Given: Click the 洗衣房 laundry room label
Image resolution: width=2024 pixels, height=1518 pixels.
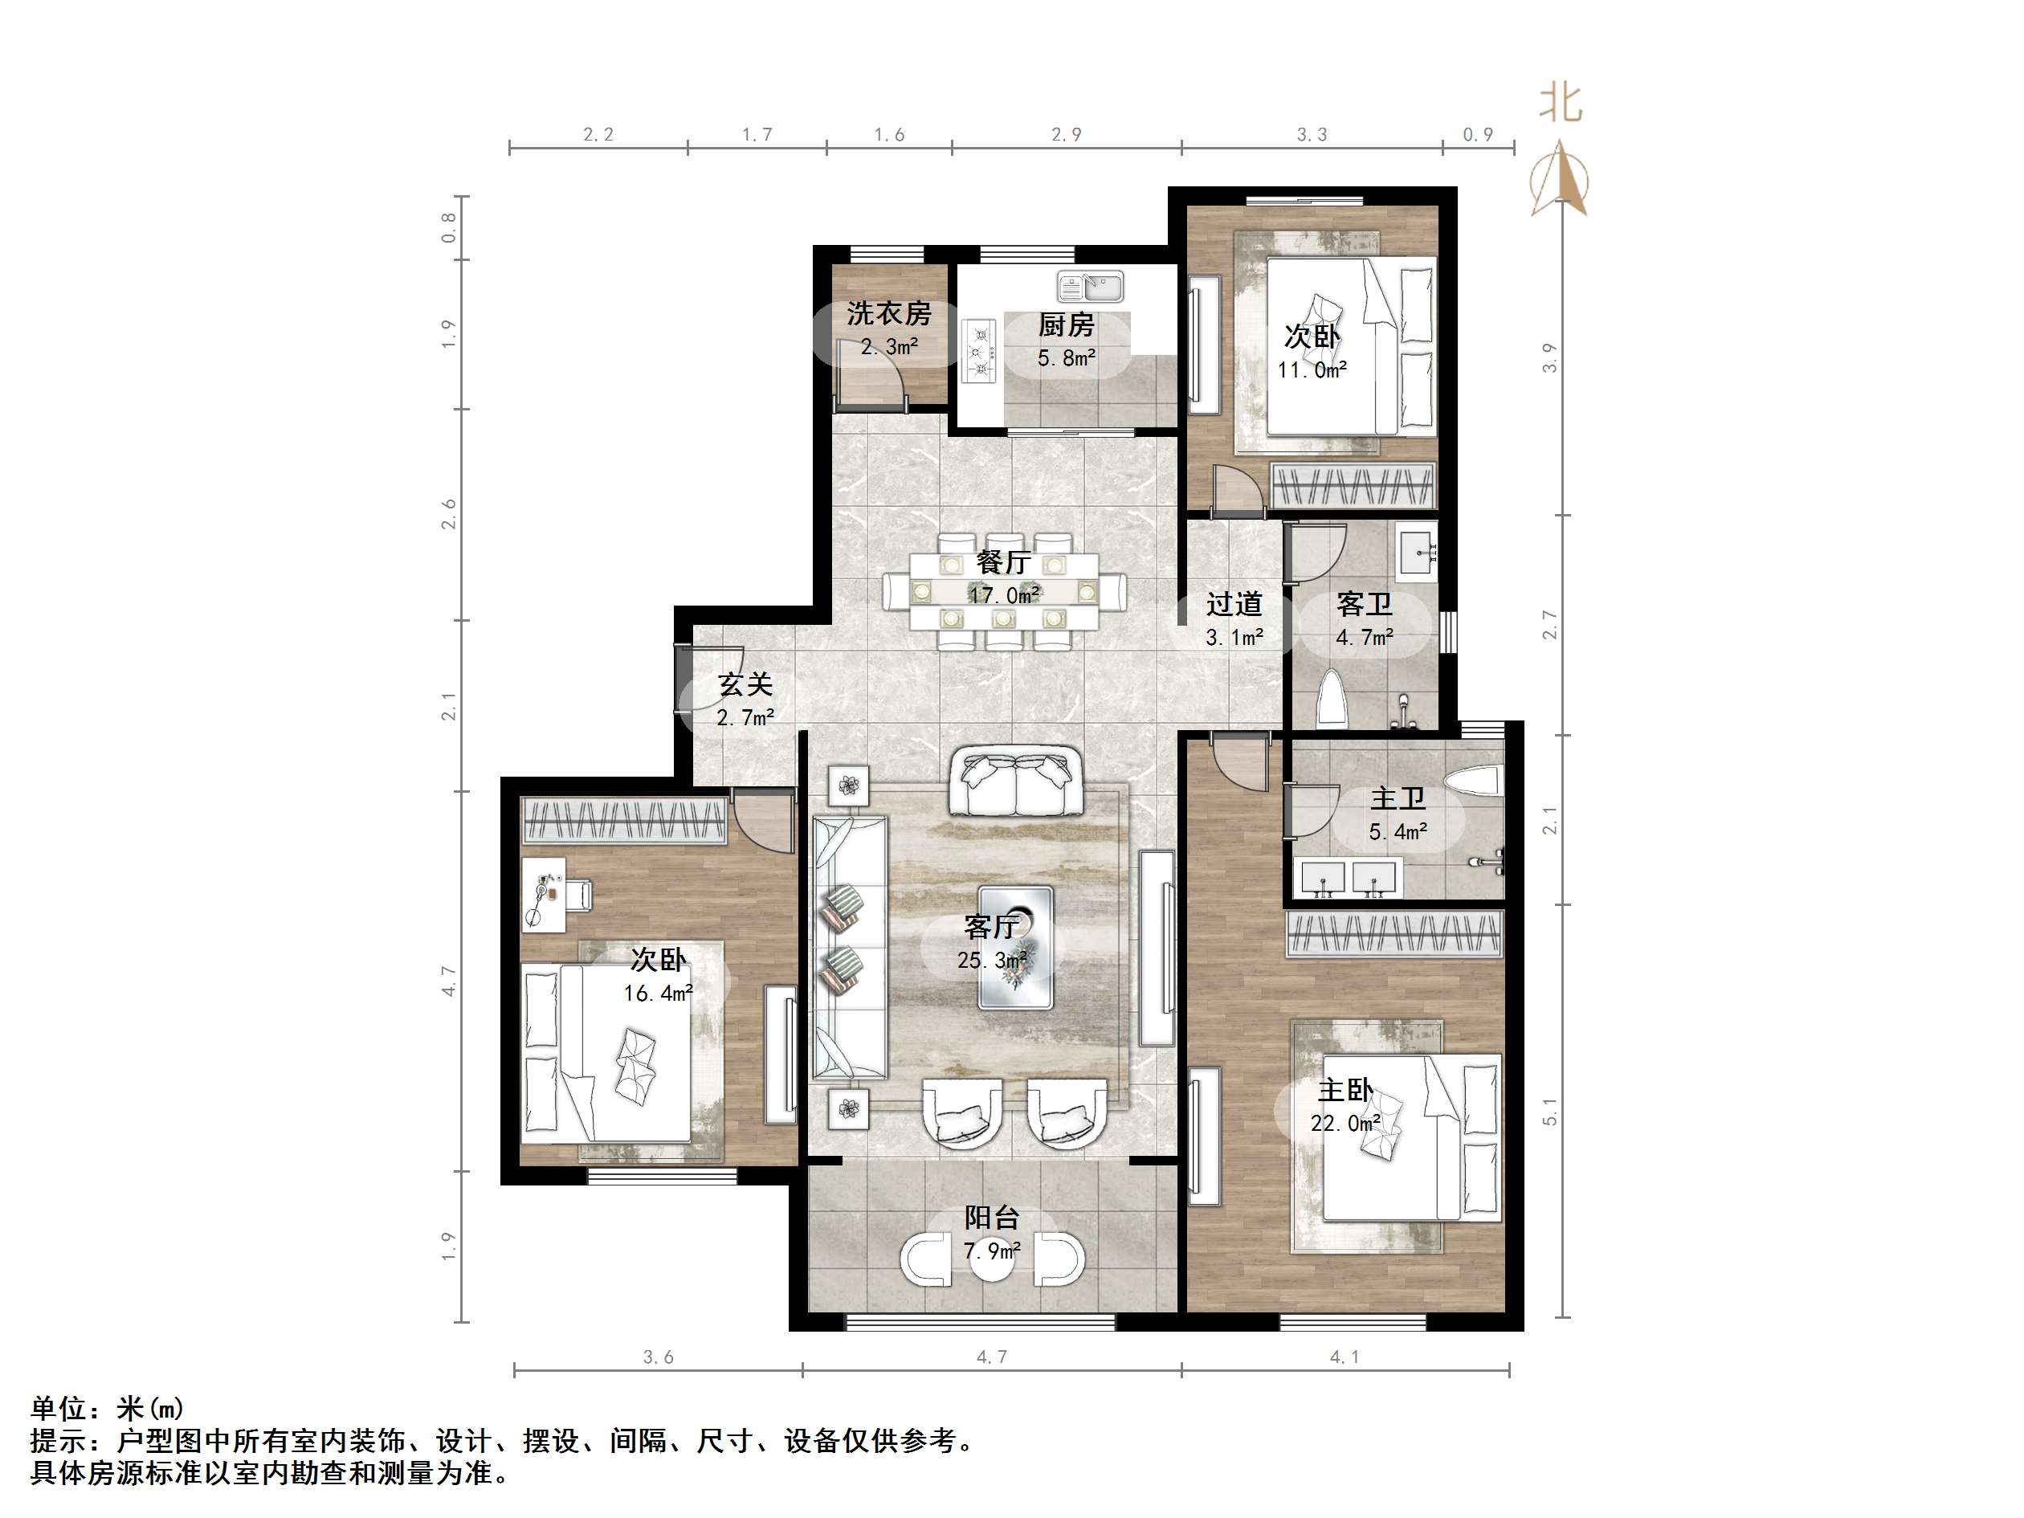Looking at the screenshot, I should (x=888, y=314).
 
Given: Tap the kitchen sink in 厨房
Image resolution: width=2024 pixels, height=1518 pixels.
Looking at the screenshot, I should (x=1090, y=288).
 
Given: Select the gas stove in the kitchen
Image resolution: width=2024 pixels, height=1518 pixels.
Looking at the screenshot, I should (x=979, y=350).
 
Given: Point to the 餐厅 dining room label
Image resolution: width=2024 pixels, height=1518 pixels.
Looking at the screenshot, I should (x=1003, y=561).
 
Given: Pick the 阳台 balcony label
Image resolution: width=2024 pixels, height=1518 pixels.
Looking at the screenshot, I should (x=991, y=1218).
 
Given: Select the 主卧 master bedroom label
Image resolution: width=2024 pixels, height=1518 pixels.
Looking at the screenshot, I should (x=1345, y=1090).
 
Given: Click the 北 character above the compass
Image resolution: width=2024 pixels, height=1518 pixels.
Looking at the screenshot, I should (x=1560, y=104).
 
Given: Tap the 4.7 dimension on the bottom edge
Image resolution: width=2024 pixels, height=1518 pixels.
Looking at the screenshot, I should (x=991, y=1357).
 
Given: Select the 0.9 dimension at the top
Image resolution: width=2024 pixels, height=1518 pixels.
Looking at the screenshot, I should (x=1477, y=134).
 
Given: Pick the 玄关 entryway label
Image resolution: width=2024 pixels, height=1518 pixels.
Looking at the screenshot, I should (x=745, y=684).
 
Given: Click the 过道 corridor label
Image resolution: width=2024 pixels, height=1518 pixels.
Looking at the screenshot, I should (x=1234, y=604).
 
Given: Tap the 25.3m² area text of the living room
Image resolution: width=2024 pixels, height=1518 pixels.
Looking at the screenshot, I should (x=992, y=960).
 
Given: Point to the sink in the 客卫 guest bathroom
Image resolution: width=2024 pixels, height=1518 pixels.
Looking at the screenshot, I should (x=1417, y=551).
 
